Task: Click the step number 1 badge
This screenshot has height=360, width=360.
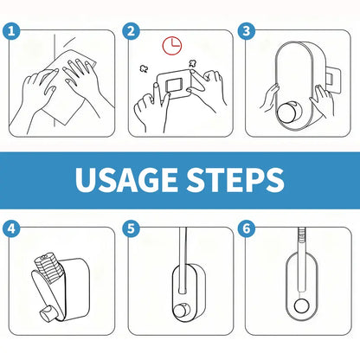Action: [x=11, y=32]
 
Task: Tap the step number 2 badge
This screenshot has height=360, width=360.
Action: [x=131, y=32]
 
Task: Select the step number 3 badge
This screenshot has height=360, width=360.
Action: [x=247, y=32]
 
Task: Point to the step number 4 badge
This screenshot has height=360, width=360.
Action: [x=11, y=229]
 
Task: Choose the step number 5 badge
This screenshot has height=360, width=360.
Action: [x=131, y=229]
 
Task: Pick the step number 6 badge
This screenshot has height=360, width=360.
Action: [x=247, y=229]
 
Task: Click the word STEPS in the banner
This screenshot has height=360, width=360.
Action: [x=233, y=181]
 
